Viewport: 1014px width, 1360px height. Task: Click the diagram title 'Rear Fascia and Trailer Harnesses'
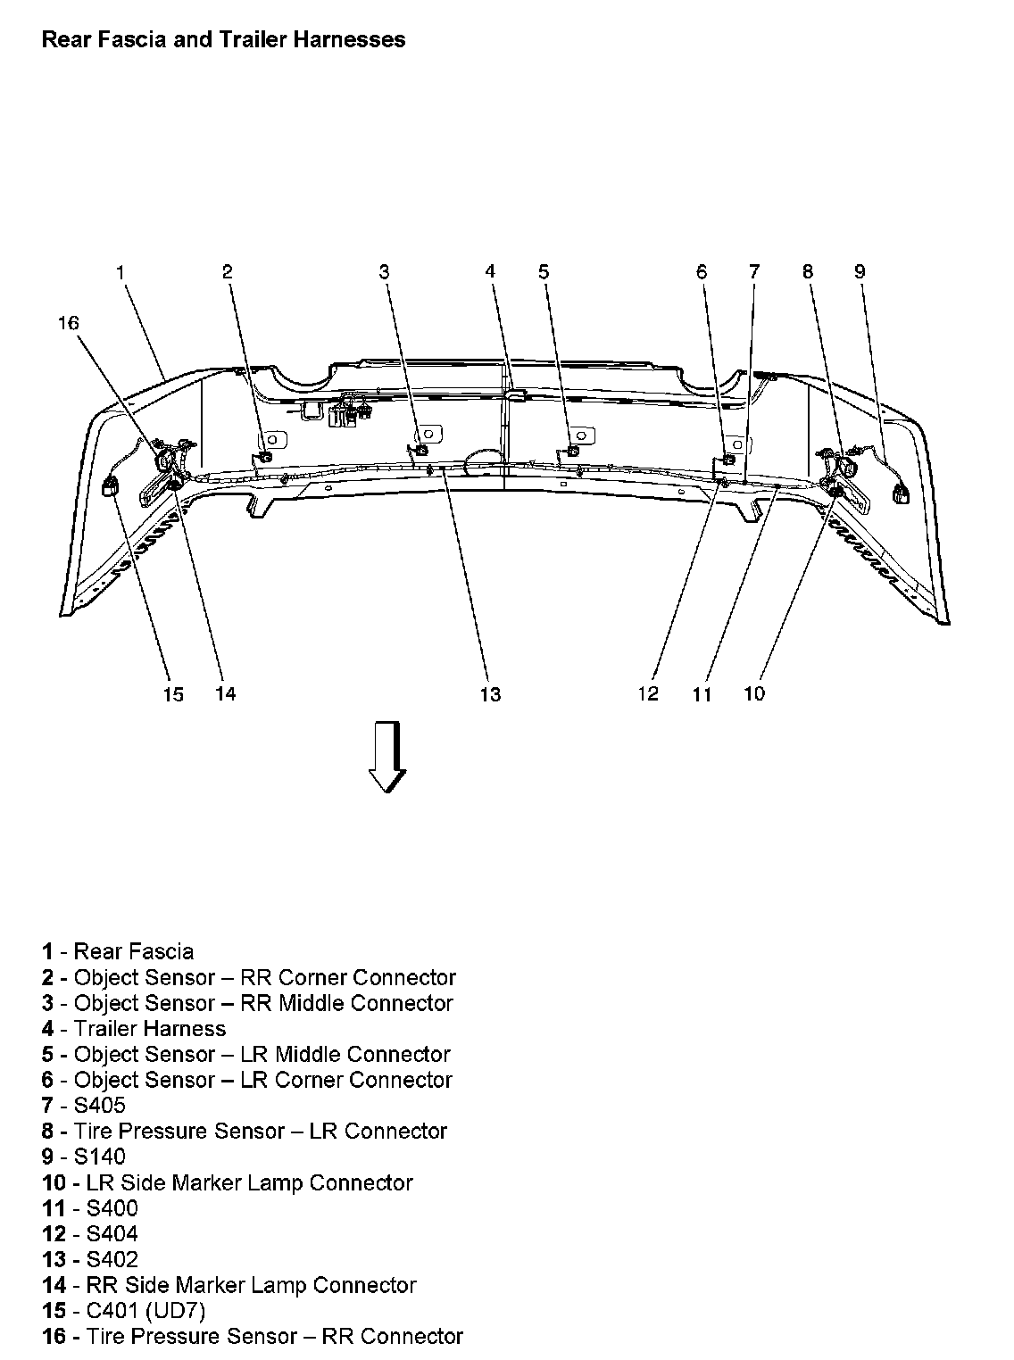tap(223, 39)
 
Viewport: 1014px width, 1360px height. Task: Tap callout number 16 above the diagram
tap(69, 323)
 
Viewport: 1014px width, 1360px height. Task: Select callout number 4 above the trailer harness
tap(490, 271)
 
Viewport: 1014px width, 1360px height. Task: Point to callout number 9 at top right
tap(860, 271)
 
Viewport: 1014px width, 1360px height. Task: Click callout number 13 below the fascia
tap(490, 694)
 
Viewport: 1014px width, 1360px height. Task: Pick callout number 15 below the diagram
tap(173, 694)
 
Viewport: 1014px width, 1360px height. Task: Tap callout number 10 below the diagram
tap(754, 693)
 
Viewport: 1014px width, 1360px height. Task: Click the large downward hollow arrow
tap(387, 757)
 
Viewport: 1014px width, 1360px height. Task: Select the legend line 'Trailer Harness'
tap(134, 1029)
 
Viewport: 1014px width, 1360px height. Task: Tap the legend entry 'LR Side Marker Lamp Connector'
tap(228, 1183)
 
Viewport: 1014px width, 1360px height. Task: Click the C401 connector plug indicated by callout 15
tap(112, 488)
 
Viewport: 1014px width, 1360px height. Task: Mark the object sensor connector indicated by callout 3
tap(421, 450)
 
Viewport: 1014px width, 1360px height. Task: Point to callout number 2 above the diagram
tap(228, 271)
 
